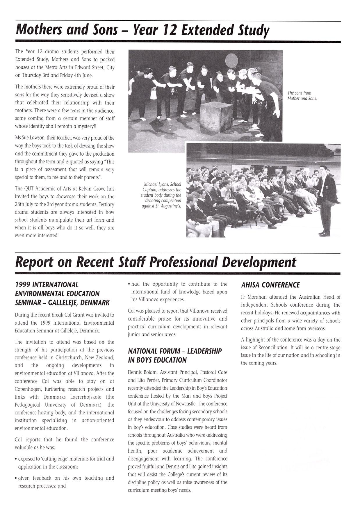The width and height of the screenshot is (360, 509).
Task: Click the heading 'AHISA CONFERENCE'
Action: pos(270,285)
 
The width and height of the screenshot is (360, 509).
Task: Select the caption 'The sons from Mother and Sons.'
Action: pos(302,96)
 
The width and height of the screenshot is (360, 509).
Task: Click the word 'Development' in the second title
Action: pos(259,262)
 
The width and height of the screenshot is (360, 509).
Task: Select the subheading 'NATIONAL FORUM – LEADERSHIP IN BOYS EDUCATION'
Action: pos(175,355)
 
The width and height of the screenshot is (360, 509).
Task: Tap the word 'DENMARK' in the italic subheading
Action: pos(95,303)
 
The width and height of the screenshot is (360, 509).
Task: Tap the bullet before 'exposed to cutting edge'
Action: pos(16,459)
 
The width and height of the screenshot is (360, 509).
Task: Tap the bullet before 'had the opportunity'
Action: pos(129,284)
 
